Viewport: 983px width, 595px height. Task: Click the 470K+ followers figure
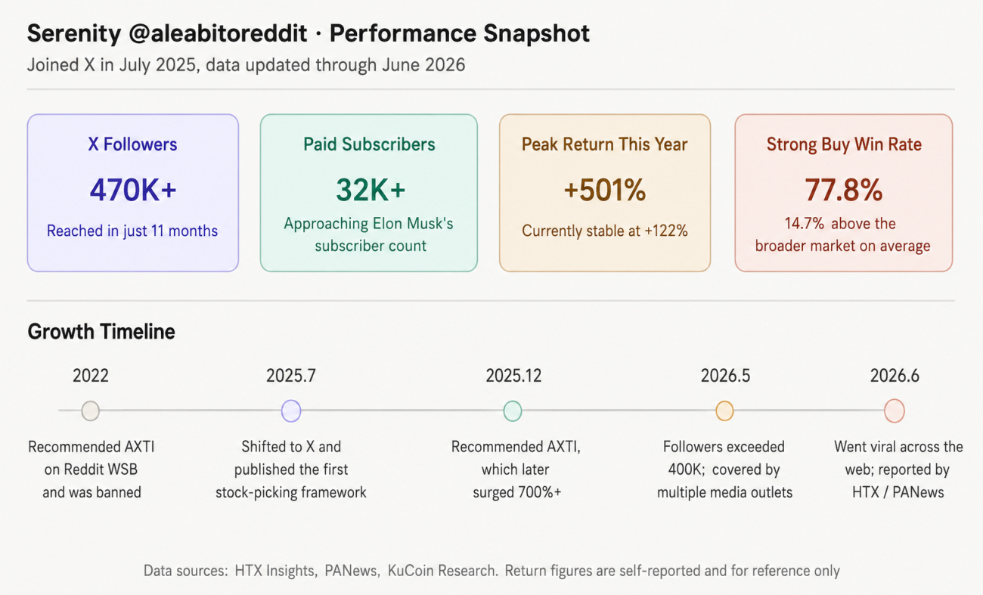coord(133,190)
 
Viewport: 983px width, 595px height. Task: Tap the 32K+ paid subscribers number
coord(371,190)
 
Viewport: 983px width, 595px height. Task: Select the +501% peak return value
coord(605,190)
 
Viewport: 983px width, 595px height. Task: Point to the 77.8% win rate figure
coord(843,190)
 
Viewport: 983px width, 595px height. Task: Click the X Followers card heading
coord(132,144)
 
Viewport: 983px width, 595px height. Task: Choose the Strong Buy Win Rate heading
coord(844,144)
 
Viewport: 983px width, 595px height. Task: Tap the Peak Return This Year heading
coord(604,144)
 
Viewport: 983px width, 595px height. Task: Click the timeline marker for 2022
coord(91,411)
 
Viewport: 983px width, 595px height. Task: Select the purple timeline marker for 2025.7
coord(291,411)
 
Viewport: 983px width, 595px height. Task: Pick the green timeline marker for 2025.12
coord(513,411)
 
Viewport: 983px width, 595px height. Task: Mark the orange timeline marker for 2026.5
coord(724,411)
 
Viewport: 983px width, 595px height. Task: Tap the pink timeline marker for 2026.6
coord(895,411)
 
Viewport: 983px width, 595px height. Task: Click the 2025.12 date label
coord(513,376)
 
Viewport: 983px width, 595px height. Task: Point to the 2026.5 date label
coord(725,376)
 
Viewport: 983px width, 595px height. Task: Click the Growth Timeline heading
coord(101,332)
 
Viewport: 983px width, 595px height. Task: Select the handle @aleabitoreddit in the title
coord(218,33)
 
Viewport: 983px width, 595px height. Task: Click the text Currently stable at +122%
coord(605,231)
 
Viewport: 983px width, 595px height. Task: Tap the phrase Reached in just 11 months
coord(132,231)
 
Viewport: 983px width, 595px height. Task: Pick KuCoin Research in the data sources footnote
coord(442,570)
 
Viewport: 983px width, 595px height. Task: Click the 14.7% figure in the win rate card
coord(805,223)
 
